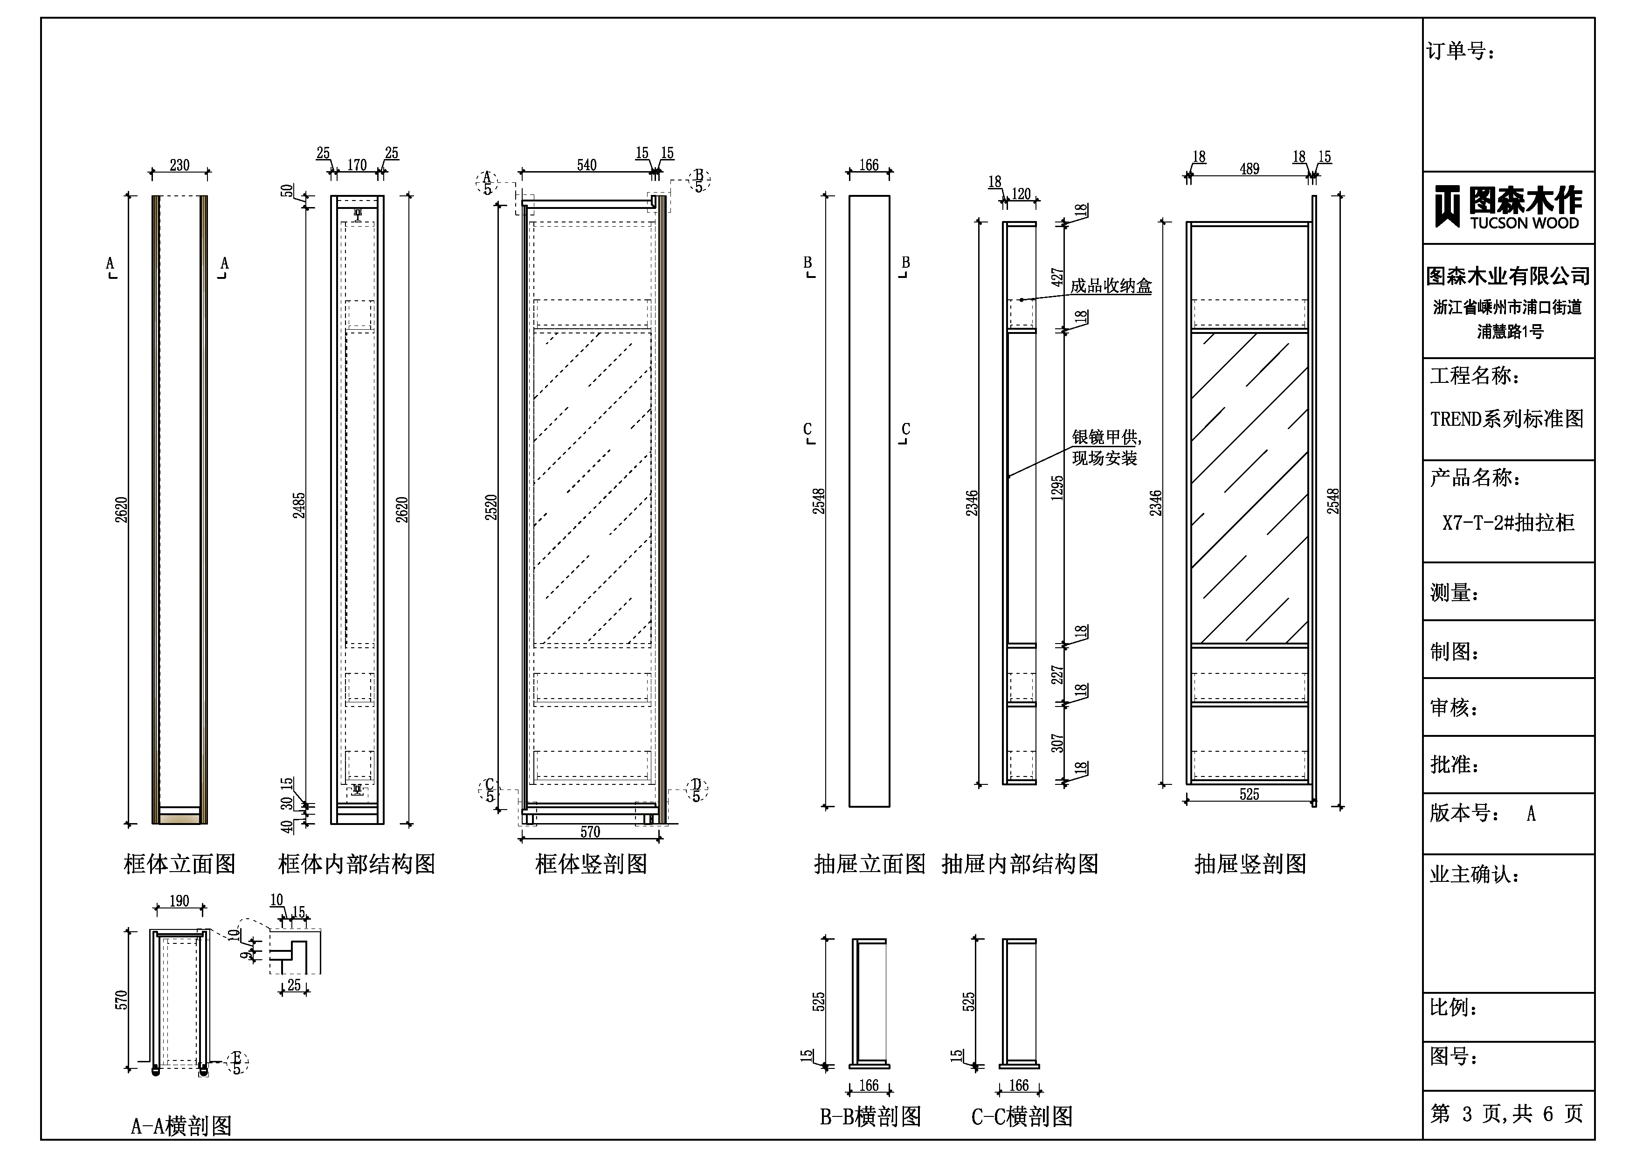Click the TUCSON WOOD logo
click(x=1508, y=208)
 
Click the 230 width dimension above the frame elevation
click(x=179, y=166)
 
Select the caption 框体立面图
click(x=179, y=864)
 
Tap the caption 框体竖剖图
click(x=591, y=864)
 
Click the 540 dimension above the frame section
click(x=587, y=166)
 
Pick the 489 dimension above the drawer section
click(x=1249, y=169)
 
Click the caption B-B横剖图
click(x=870, y=1116)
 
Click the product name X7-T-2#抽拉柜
click(x=1508, y=523)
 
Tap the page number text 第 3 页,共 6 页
click(x=1506, y=1114)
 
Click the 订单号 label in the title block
click(x=1461, y=51)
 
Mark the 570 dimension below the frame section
click(x=590, y=832)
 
